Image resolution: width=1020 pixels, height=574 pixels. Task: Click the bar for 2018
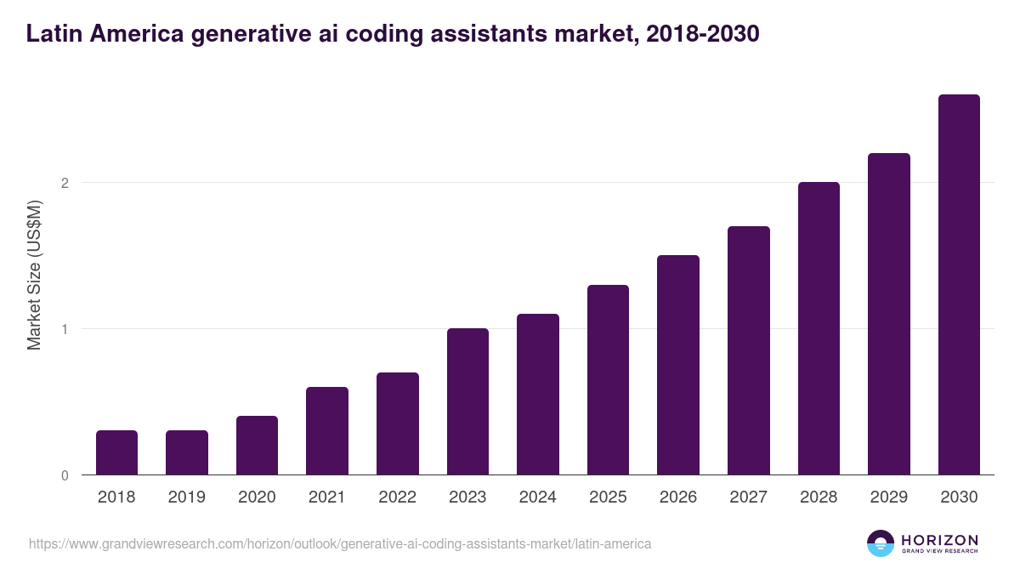[116, 452]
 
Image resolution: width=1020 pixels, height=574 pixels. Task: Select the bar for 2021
[327, 431]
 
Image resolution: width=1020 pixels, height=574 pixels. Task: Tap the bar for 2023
[467, 401]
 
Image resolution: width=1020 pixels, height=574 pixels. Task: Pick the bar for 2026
[678, 365]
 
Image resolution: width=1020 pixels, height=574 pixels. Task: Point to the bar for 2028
[819, 328]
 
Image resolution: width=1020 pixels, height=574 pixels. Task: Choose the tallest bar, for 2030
[959, 285]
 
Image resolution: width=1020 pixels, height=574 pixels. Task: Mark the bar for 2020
[257, 446]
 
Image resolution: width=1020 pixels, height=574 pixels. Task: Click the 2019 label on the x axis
[187, 497]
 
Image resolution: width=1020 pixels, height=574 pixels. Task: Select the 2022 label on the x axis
[397, 497]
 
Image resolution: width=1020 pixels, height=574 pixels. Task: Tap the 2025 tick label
[608, 497]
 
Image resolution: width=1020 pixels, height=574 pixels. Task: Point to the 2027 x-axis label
[748, 497]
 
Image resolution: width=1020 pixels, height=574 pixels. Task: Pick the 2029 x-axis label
[888, 497]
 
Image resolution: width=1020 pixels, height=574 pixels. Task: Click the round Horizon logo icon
[880, 543]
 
